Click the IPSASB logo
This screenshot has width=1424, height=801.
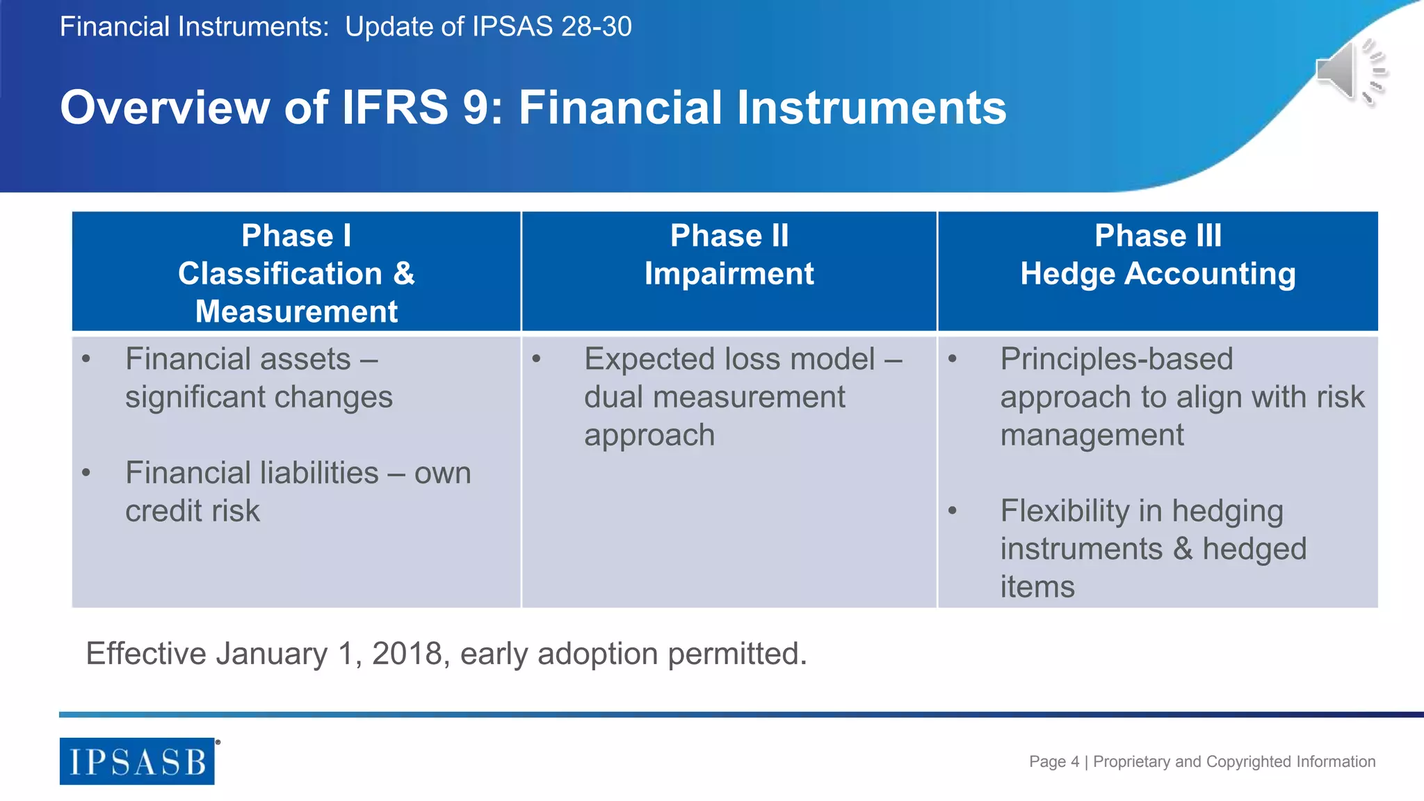click(x=137, y=761)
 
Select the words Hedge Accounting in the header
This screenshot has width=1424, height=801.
click(x=1158, y=274)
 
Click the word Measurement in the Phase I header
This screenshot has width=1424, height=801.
click(x=296, y=311)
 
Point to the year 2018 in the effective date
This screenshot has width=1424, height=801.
click(x=407, y=654)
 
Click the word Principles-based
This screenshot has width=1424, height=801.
click(x=1116, y=359)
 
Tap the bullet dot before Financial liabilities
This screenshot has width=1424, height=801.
click(x=86, y=474)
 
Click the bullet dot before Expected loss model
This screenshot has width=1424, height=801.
click(x=536, y=359)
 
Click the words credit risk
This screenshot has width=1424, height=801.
click(x=192, y=511)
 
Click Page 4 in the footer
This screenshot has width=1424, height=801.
click(x=1053, y=761)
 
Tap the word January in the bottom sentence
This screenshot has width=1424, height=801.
click(x=271, y=654)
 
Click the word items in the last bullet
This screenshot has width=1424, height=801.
click(x=1037, y=587)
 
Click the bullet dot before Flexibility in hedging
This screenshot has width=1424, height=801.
click(x=953, y=511)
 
